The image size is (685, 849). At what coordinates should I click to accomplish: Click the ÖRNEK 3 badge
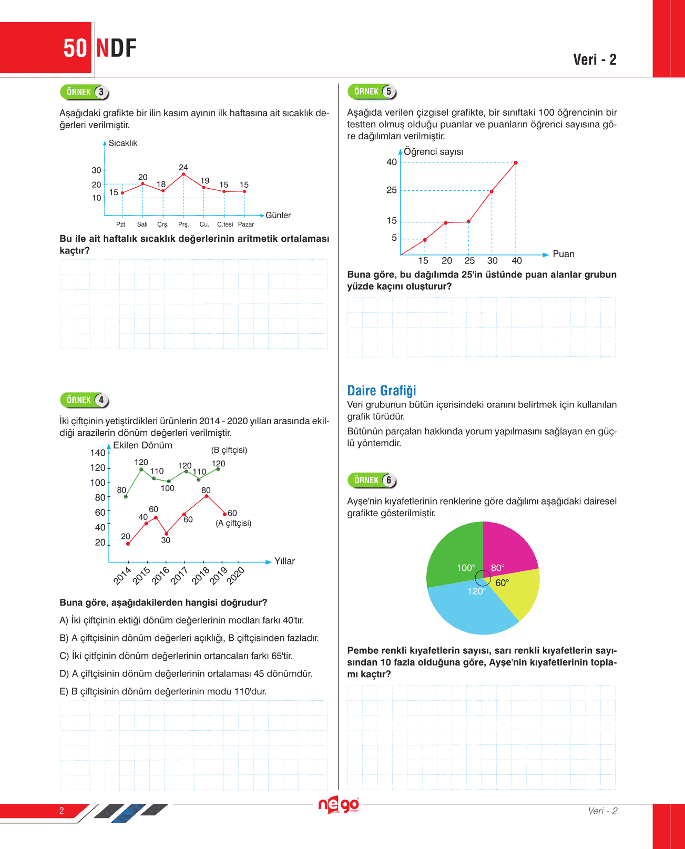pos(85,92)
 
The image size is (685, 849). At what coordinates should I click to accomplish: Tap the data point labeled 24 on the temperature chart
pos(183,174)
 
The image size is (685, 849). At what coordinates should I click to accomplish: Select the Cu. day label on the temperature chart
pos(204,224)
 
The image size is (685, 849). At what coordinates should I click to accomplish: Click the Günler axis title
pos(278,215)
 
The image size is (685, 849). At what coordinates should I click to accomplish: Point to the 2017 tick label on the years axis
pos(180,576)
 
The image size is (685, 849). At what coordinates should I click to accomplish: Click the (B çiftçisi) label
pos(229,450)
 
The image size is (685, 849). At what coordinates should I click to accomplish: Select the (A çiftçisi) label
pos(233,523)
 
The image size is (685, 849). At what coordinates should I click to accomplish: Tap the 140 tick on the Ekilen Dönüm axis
pos(98,453)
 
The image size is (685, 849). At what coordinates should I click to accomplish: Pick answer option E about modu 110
pos(163,691)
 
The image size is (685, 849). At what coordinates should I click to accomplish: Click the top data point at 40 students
pos(516,163)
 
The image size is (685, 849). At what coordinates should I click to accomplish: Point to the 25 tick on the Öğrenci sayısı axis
pos(392,190)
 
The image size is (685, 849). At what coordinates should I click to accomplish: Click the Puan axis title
pos(564,254)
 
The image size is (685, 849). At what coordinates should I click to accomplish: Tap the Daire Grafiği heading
pos(382,391)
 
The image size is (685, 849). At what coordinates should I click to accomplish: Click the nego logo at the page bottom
pos(339,805)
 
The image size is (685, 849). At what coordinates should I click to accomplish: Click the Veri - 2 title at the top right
pos(595,59)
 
